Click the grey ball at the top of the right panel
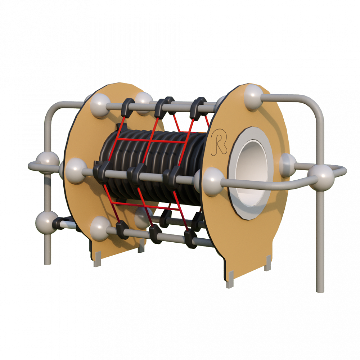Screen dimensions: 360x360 253,97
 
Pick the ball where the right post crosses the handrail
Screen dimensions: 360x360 320,177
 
